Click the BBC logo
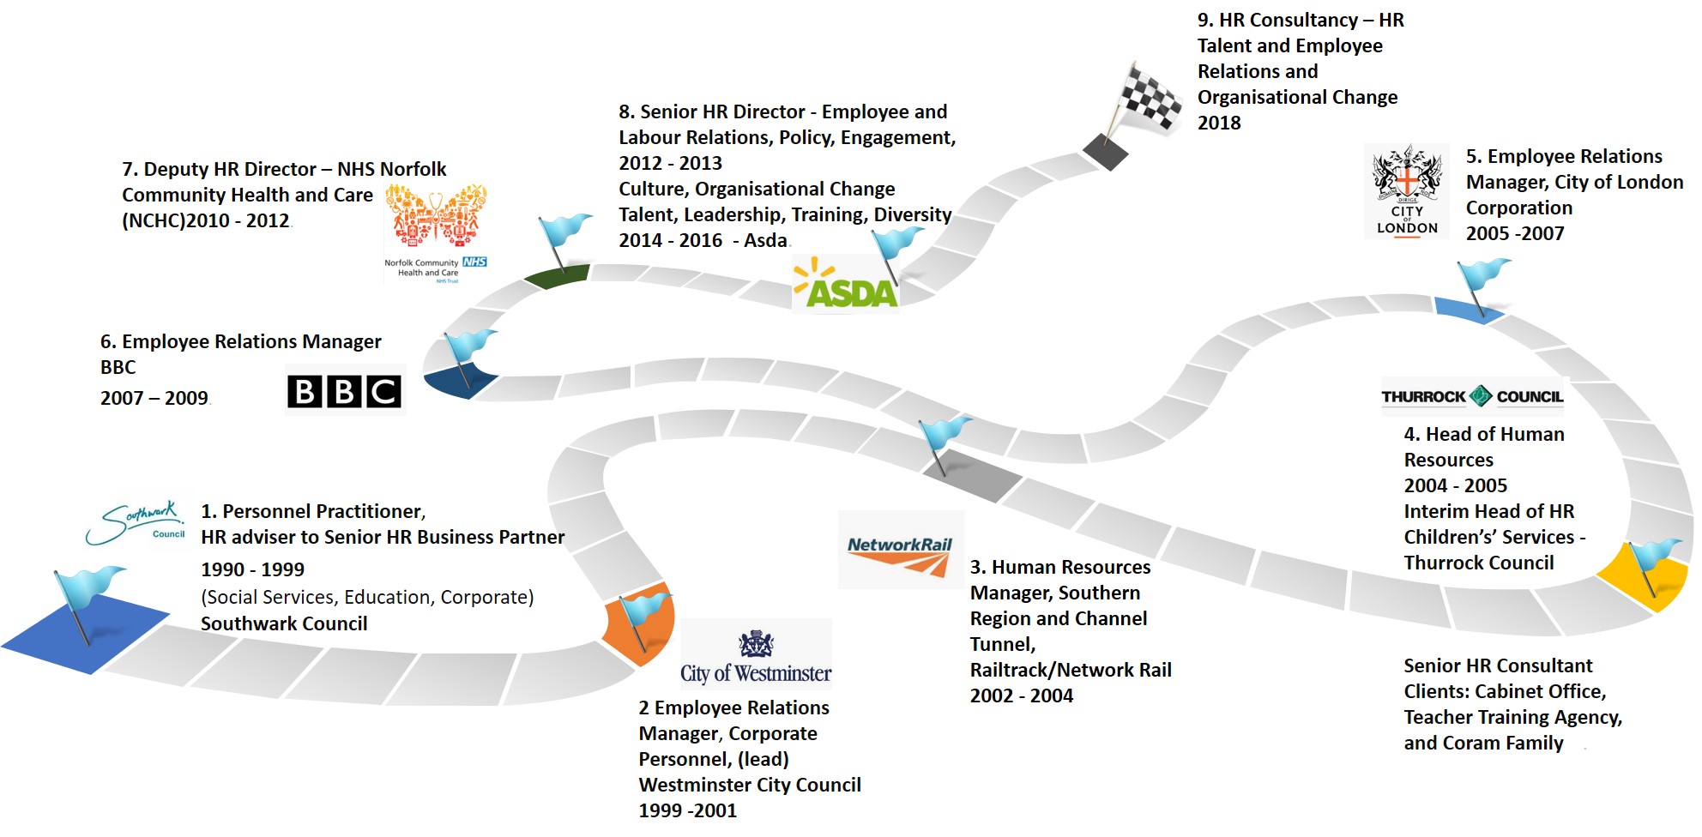344,391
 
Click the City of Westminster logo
756,657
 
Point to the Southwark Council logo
136,523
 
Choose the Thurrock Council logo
1472,396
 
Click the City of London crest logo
1407,191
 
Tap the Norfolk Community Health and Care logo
436,232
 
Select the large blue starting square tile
86,633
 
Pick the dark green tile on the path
557,277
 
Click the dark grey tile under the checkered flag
1106,152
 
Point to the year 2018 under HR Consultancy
1219,123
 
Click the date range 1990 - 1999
252,569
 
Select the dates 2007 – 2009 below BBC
154,398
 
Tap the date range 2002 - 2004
1021,695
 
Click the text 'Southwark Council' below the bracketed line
284,623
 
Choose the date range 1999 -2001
687,810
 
